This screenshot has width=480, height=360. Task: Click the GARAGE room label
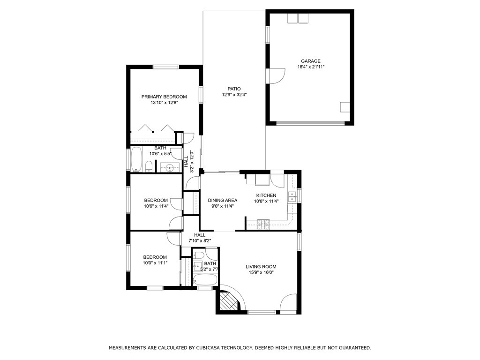[x=311, y=61]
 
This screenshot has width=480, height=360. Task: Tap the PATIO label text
[x=234, y=89]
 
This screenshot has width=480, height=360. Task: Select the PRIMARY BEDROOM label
[x=164, y=97]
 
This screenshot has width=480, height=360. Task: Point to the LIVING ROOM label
[x=261, y=267]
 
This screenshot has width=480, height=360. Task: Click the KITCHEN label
[x=266, y=195]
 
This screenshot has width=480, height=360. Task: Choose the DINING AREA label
[x=223, y=200]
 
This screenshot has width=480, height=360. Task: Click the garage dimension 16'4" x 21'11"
[x=311, y=67]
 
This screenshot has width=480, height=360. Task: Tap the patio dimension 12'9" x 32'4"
[x=234, y=95]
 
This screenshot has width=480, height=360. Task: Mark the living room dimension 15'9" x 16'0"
[x=261, y=272]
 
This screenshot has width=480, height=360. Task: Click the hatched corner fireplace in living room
[x=228, y=301]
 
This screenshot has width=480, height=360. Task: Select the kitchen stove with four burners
[x=263, y=225]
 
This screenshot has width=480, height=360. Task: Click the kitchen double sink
[x=292, y=196]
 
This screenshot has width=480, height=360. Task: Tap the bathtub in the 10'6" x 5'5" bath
[x=136, y=159]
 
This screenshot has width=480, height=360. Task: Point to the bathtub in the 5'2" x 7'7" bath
[x=205, y=279]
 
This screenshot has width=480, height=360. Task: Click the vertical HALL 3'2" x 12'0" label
[x=188, y=161]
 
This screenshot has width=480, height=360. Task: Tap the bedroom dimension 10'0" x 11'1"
[x=155, y=262]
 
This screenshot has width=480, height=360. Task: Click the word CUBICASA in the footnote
[x=207, y=348]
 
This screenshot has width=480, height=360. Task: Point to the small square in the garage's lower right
[x=345, y=107]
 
